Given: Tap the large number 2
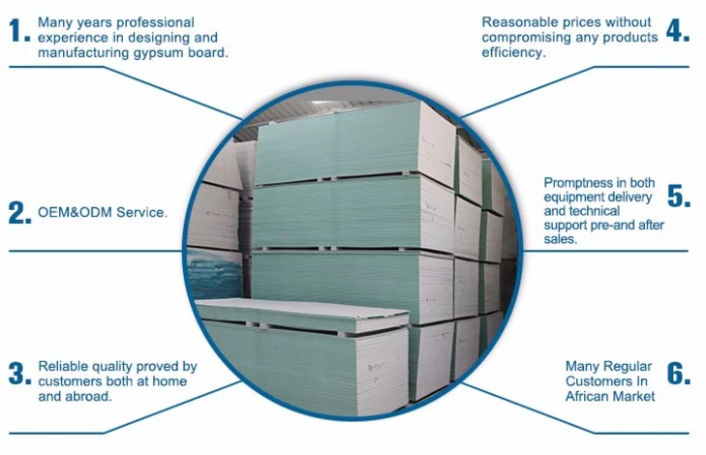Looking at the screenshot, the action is [x=16, y=213].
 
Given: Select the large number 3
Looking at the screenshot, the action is [x=16, y=374].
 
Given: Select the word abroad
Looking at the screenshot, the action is [x=89, y=397].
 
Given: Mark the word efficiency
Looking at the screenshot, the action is [x=514, y=53].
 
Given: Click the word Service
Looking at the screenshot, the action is [x=139, y=213].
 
